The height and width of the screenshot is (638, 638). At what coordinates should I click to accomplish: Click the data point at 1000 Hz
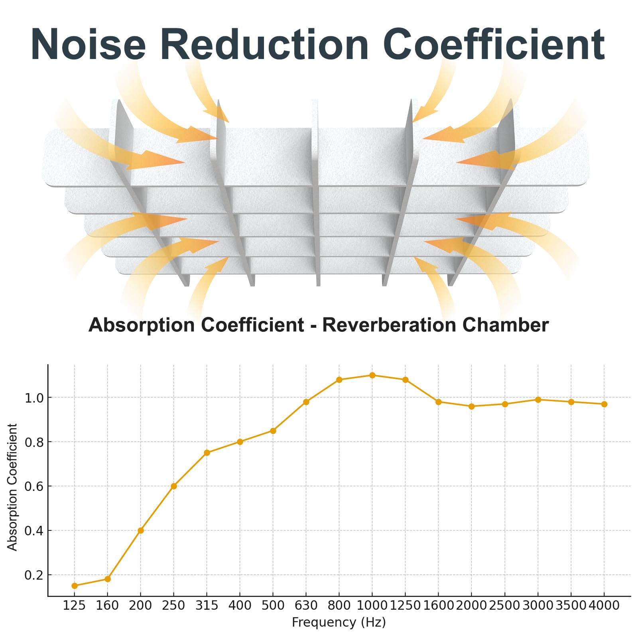point(372,375)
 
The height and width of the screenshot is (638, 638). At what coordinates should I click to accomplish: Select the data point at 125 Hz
point(75,586)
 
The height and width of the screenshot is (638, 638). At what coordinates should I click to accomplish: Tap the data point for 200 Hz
point(141,530)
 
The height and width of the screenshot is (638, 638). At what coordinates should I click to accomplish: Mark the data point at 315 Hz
point(207,453)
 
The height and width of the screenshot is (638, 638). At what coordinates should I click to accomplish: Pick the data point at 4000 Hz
point(604,404)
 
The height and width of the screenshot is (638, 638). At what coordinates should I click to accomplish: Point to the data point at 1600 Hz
point(439,402)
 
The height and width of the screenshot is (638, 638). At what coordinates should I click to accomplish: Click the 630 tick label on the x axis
point(306,605)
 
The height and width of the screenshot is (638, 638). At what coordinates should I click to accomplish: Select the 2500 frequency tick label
point(505,605)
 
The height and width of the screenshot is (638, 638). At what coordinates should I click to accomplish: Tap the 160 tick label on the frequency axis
point(108,605)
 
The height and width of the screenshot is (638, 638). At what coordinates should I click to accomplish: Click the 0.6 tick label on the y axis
point(33,486)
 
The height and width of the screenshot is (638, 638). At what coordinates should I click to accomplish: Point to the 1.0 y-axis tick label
point(33,398)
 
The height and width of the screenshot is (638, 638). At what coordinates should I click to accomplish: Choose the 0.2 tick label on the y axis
point(33,575)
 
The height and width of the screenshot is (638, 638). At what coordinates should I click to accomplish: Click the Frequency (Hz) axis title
point(339,622)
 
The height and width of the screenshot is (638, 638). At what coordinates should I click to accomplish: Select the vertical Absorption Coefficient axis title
point(12,487)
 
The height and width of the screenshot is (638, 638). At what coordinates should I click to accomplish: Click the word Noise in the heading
point(89,44)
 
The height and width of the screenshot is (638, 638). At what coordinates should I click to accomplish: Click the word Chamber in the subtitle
point(506,325)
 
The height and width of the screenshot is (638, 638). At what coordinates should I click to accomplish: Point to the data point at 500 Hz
point(273,431)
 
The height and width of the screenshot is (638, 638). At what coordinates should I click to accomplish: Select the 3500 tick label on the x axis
point(571,605)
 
